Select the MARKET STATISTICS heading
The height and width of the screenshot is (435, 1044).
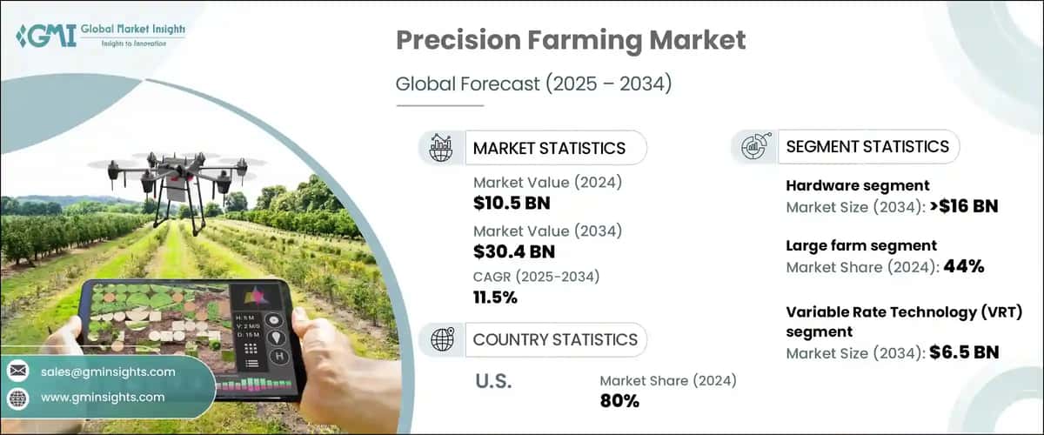549,148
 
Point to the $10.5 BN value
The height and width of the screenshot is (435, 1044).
512,204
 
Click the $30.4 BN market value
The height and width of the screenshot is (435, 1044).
514,252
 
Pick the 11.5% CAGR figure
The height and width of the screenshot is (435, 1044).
495,298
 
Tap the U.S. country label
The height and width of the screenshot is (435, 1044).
493,382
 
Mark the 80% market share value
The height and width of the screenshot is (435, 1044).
619,401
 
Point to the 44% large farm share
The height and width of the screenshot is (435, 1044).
964,267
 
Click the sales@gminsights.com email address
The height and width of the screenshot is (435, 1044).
108,371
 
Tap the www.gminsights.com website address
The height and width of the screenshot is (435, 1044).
103,398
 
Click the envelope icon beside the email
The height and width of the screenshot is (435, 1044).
17,371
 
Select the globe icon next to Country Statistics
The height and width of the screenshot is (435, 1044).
442,339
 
